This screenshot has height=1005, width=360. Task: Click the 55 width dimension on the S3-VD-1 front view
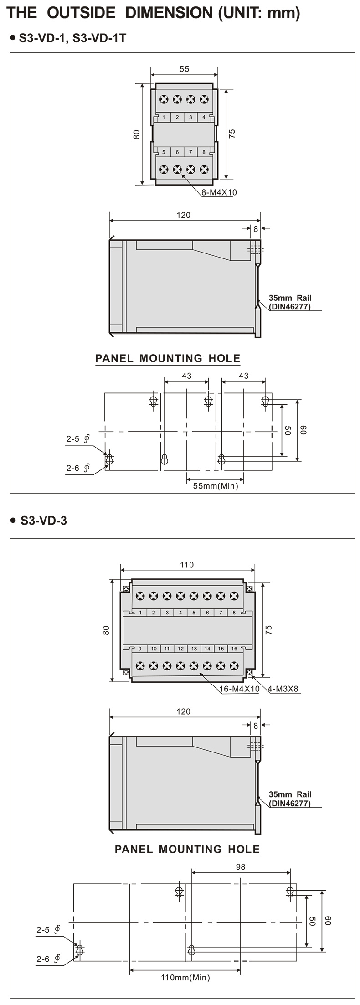(x=184, y=69)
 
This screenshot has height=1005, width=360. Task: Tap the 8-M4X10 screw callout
(x=219, y=192)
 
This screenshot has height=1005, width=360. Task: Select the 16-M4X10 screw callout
(x=240, y=689)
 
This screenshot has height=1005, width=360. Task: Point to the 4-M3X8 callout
(x=283, y=689)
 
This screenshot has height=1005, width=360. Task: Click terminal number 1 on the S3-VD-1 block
(x=164, y=117)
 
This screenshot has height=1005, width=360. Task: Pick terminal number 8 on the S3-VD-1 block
(x=204, y=152)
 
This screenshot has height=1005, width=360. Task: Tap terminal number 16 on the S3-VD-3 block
(x=234, y=649)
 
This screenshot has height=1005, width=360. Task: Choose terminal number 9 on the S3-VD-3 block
(x=140, y=649)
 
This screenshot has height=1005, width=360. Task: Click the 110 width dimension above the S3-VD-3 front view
(x=187, y=565)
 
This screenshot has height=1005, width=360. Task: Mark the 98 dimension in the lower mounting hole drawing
(x=241, y=867)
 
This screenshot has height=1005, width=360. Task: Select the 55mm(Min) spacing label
(x=216, y=486)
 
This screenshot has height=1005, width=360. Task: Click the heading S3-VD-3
(x=44, y=520)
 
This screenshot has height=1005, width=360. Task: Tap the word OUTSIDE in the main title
(x=81, y=13)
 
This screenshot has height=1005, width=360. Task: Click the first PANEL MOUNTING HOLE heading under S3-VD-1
(x=168, y=358)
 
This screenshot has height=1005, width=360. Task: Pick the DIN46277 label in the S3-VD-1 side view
(x=290, y=307)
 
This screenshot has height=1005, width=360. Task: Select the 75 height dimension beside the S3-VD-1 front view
(x=232, y=134)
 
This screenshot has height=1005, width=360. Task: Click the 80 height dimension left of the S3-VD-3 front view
(x=106, y=630)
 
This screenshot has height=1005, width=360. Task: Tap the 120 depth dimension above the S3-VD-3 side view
(x=183, y=711)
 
